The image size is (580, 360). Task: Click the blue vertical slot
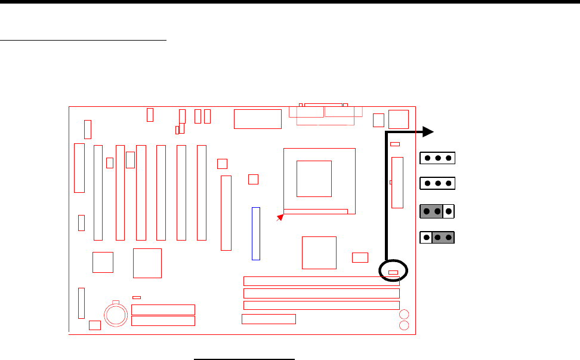256,233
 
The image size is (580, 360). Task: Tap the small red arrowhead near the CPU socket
279,219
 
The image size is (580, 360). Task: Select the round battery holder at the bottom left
115,313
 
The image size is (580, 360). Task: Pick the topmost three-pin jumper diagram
437,158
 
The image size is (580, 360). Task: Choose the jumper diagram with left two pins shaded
437,211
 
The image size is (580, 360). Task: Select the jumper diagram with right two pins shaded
437,238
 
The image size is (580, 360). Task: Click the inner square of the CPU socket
314,178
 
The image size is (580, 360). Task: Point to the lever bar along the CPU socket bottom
316,211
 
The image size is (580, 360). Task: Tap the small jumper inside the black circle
393,273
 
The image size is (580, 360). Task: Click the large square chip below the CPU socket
319,253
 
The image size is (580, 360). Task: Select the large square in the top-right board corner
398,119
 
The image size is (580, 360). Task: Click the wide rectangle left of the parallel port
258,119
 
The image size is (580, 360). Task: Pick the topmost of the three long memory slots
322,281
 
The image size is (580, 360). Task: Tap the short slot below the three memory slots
269,319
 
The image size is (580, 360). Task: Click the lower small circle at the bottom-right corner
404,325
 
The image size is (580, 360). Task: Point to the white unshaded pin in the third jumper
449,211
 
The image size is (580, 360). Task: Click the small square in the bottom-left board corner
94,325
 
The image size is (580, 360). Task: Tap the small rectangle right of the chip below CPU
360,257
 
